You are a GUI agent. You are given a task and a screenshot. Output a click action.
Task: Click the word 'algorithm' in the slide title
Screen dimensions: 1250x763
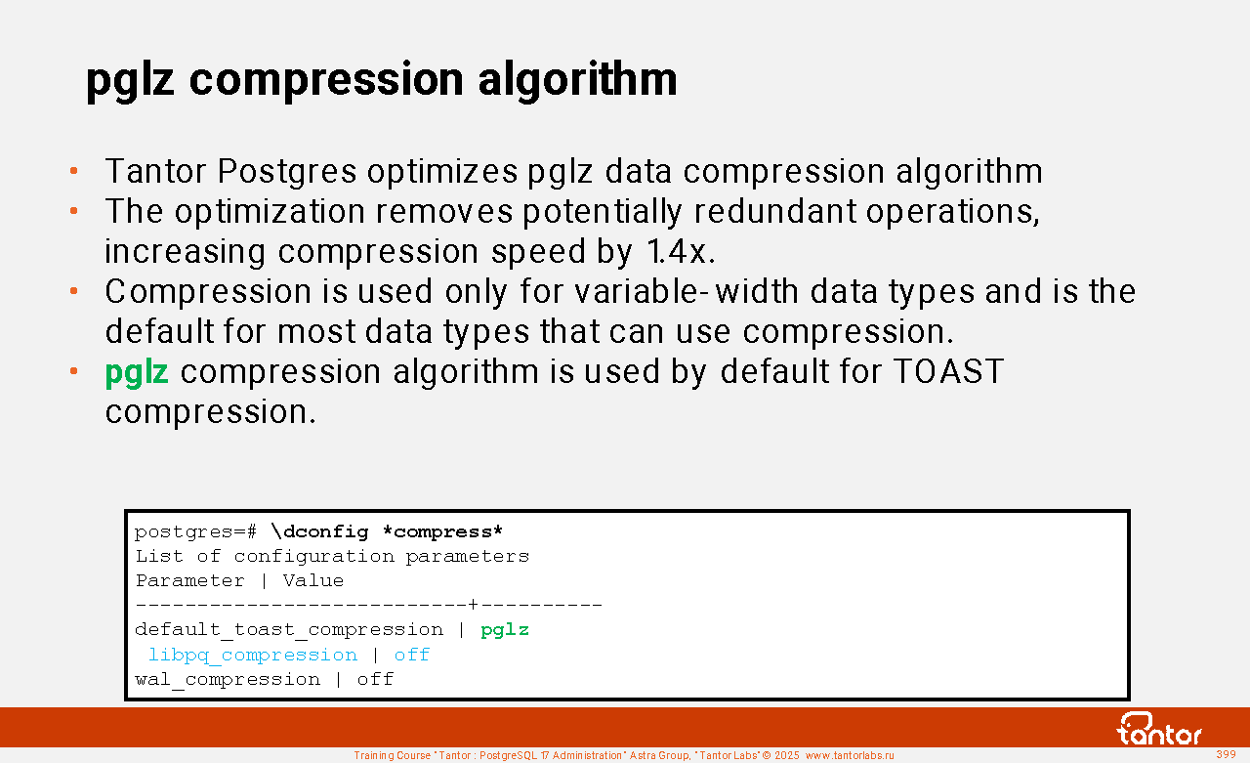click(x=577, y=80)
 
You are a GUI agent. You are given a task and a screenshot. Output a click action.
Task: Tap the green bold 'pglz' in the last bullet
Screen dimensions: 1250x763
click(x=137, y=373)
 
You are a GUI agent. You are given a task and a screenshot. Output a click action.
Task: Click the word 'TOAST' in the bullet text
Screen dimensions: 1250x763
click(x=948, y=371)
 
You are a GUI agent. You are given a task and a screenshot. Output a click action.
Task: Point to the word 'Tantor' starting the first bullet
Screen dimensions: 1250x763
click(x=155, y=171)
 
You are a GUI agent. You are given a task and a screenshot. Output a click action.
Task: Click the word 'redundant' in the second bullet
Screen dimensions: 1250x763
click(x=774, y=212)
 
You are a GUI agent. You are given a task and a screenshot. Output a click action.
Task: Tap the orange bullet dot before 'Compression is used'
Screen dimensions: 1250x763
click(x=73, y=291)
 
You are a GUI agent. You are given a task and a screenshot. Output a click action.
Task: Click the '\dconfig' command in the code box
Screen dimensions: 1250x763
click(x=319, y=531)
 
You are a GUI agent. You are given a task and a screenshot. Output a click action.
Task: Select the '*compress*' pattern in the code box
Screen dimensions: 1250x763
click(x=442, y=531)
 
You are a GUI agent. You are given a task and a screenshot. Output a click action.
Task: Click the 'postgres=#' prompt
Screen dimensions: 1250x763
click(x=196, y=531)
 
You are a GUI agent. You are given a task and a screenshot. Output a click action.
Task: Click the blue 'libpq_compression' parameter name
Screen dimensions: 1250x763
click(x=253, y=656)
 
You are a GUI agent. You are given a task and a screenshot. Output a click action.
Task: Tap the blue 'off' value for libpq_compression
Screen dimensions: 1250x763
click(x=412, y=655)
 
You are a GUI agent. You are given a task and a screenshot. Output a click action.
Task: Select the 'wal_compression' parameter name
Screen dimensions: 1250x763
click(x=228, y=680)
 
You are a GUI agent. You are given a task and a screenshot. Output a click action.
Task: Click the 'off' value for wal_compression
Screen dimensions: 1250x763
click(x=375, y=679)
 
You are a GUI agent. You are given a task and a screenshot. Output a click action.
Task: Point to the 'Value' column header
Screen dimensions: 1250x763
click(x=313, y=580)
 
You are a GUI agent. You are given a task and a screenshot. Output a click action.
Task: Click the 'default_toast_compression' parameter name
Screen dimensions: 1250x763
click(x=289, y=630)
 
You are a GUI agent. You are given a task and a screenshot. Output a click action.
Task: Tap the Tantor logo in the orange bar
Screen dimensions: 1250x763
click(x=1158, y=729)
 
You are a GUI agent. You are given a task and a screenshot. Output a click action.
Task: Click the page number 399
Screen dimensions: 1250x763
click(x=1226, y=754)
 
